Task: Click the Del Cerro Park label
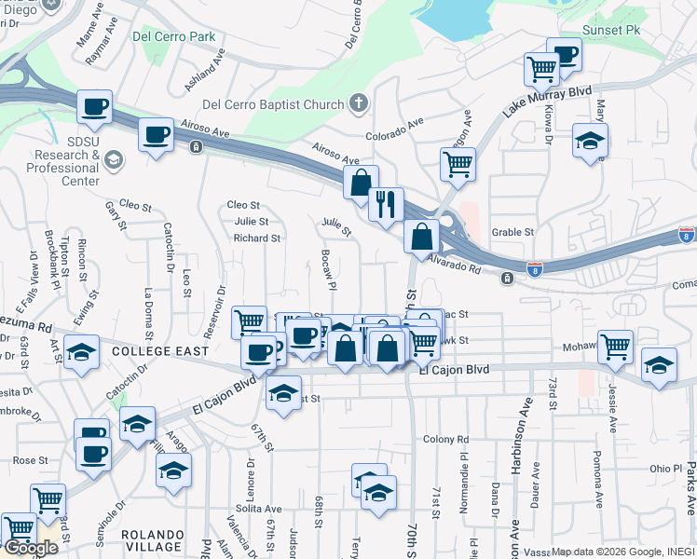174,37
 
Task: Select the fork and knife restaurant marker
386,203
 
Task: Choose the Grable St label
512,232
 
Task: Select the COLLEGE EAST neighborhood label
151,352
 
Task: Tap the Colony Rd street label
444,439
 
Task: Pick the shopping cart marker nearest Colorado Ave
457,163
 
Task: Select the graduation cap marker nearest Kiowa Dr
589,142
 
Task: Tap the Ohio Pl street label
665,468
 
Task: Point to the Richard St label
257,239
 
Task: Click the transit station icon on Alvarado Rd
506,278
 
